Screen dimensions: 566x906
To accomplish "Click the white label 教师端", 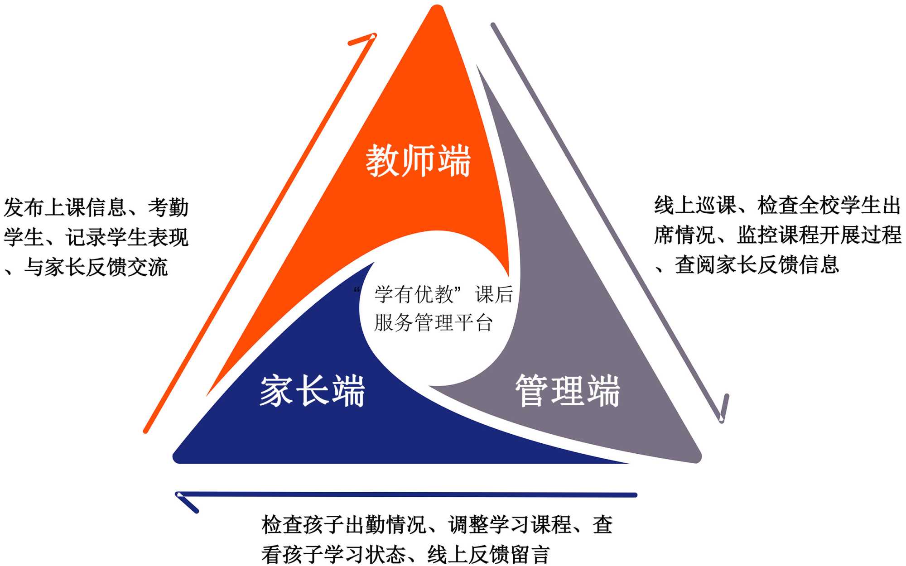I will coord(418,161).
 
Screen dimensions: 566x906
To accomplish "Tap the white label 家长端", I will coord(312,391).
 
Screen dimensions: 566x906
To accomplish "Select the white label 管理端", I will coord(568,391).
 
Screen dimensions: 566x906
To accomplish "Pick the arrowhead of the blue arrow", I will coord(178,495).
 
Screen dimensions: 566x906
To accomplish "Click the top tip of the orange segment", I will coord(436,9).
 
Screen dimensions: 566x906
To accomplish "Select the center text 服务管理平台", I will coord(433,323).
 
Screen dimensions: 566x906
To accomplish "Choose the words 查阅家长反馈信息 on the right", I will coord(757,265).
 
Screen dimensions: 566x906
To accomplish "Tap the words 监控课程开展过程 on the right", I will coord(819,235).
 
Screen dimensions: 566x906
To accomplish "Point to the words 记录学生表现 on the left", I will coord(127,237).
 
